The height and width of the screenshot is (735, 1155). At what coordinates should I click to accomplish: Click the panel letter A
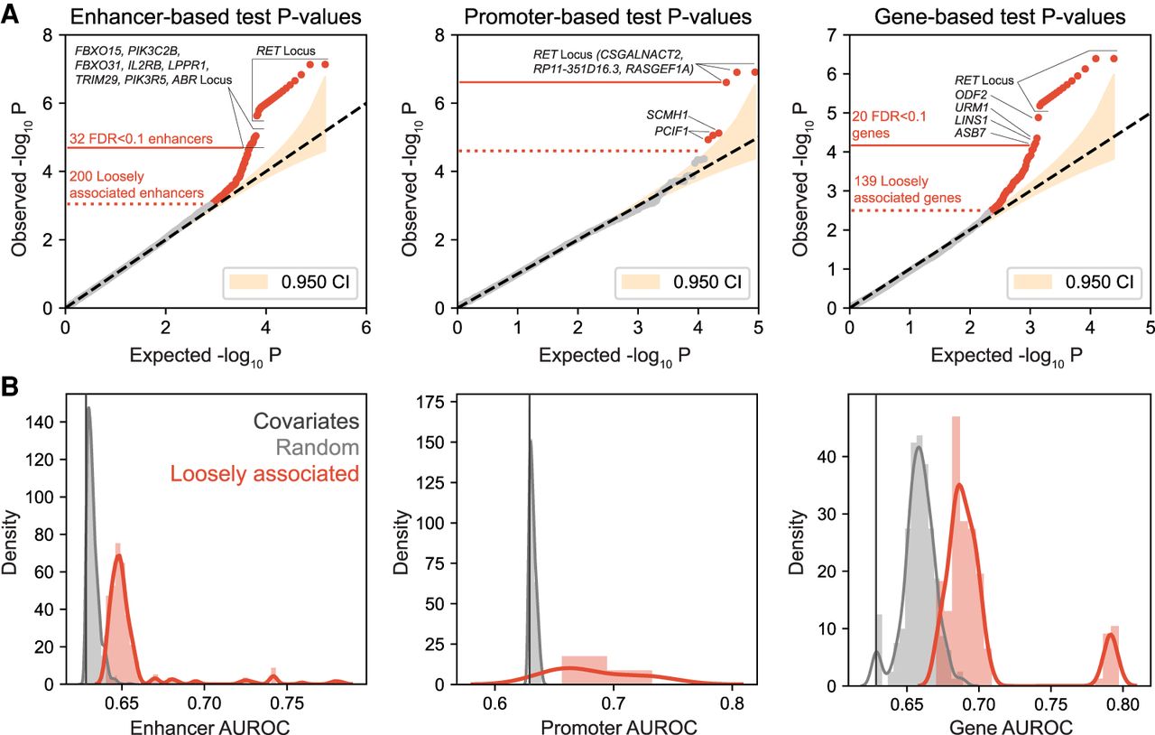[12, 16]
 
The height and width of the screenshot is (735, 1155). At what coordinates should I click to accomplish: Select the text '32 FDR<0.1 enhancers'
[140, 139]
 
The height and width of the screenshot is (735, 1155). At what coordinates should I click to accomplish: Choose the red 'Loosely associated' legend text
[280, 473]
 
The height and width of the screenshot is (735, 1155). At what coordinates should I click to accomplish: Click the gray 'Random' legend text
[318, 447]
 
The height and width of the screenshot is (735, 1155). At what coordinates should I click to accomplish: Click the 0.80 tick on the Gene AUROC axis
[1123, 701]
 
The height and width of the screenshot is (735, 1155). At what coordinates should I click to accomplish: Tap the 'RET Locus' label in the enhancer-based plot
[285, 51]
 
